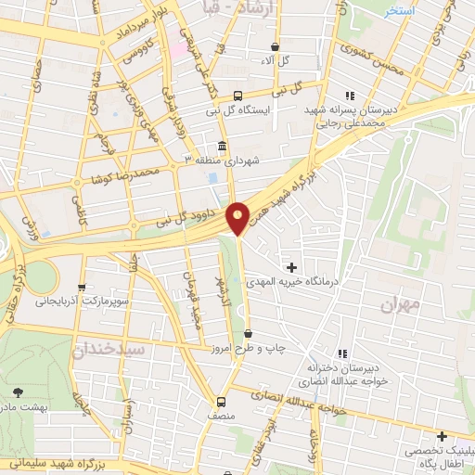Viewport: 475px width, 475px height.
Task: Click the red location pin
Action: point(238,217)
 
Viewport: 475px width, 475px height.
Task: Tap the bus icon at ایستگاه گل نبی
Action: point(238,96)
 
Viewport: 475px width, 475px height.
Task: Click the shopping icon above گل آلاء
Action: point(276,46)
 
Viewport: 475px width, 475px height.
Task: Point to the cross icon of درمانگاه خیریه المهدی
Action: point(293,267)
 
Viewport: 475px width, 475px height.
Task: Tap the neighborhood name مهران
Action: point(401,303)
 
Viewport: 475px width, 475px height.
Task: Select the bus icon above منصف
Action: point(221,403)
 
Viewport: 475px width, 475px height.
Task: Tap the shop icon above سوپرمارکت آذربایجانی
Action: point(83,288)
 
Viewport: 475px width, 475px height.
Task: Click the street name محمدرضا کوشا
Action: point(120,173)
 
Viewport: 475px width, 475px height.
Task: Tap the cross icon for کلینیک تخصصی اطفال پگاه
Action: point(443,436)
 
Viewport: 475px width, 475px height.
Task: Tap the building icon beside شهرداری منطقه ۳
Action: point(222,148)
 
